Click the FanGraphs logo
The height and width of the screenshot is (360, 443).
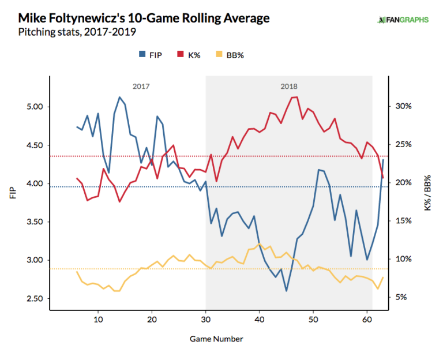coord(403,20)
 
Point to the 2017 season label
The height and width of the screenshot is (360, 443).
coord(141,87)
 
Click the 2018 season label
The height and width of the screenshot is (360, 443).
coord(290,87)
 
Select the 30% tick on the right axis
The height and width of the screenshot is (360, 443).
coord(403,106)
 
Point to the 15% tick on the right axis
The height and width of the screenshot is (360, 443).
coord(403,221)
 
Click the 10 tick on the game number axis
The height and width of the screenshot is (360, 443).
coord(98,319)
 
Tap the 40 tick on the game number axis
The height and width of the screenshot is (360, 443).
coord(260,319)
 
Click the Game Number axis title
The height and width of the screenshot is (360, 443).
coord(216,339)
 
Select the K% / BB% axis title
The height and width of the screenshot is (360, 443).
coord(427,192)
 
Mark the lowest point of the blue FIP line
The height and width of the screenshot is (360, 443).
coord(286,291)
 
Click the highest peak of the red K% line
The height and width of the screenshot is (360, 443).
coord(296,97)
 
